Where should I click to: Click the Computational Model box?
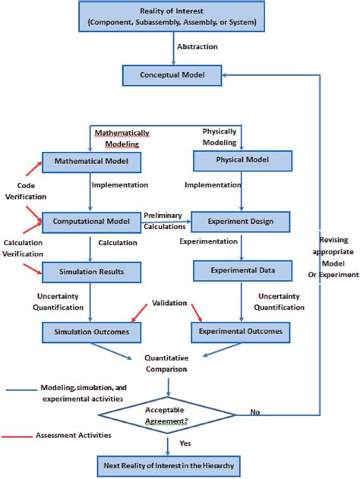(x=90, y=222)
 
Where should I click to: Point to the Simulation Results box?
(x=90, y=270)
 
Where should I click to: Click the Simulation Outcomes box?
(x=90, y=331)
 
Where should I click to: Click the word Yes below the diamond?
(x=185, y=443)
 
